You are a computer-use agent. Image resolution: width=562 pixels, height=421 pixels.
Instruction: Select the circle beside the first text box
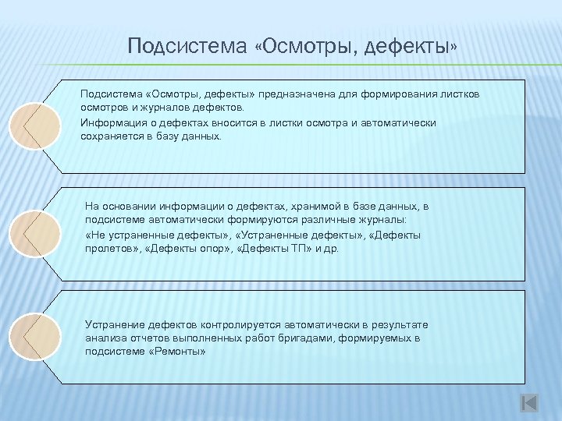(34, 125)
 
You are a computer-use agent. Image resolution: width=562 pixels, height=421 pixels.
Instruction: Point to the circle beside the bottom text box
(34, 336)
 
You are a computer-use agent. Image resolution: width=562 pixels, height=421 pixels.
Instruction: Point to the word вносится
(230, 123)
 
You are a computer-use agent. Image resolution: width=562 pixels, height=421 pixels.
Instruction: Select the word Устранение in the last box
(114, 324)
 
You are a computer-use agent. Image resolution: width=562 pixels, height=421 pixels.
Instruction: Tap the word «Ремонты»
(179, 352)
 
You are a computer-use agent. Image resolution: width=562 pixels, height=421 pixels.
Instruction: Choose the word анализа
(104, 338)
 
